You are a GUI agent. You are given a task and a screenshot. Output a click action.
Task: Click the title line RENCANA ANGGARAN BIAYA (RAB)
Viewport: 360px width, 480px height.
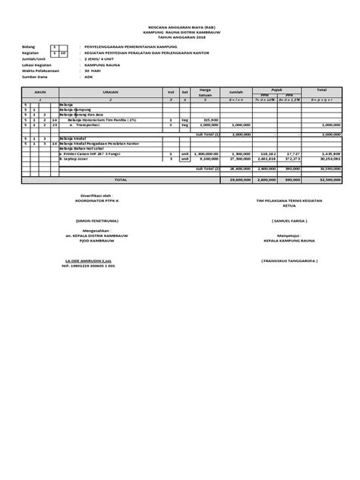pos(180,26)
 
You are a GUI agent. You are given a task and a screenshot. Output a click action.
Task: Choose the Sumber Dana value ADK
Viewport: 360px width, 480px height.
pos(90,77)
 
